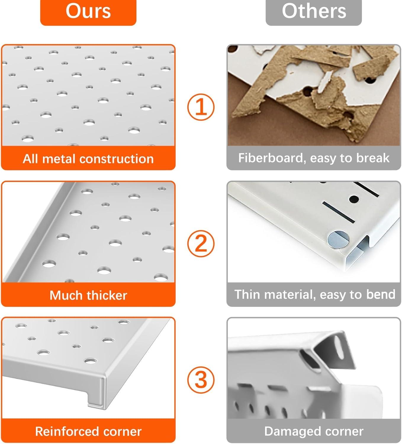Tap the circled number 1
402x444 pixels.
tap(201, 107)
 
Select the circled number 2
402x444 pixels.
tap(201, 244)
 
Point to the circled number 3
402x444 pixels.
tap(201, 380)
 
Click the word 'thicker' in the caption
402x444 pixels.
tap(107, 295)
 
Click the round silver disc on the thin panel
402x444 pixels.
tap(338, 239)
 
